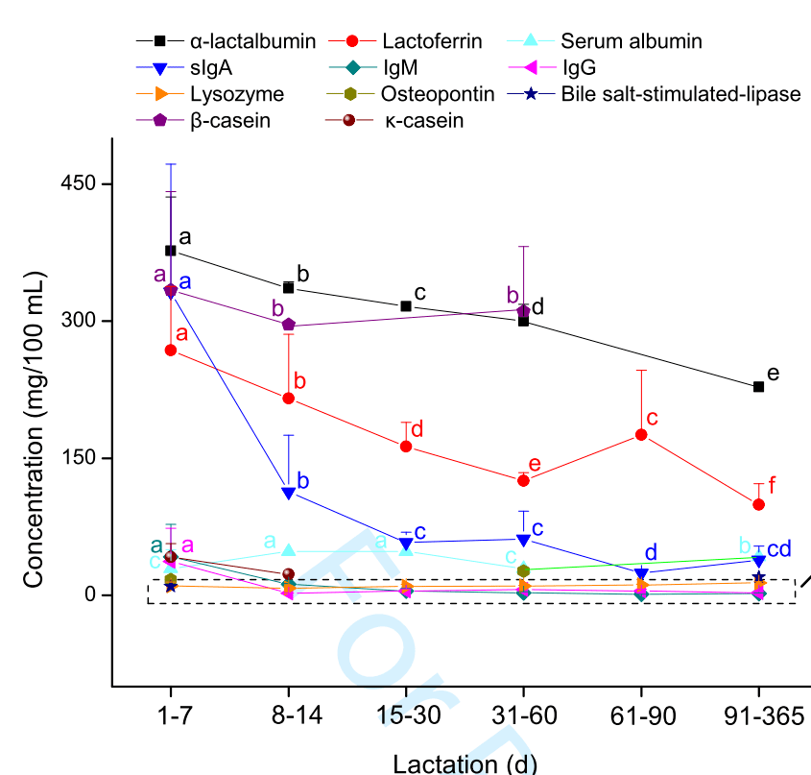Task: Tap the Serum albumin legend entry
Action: point(631,41)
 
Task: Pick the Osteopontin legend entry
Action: point(437,94)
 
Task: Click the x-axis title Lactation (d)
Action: point(465,763)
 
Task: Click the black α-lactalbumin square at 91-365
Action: point(758,387)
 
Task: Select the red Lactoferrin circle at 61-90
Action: point(641,435)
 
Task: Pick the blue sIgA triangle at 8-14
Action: point(288,493)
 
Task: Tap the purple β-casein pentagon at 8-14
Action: point(288,326)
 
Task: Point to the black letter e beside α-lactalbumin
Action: point(774,374)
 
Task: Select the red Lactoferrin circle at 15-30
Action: point(406,447)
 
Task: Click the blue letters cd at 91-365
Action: point(779,549)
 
